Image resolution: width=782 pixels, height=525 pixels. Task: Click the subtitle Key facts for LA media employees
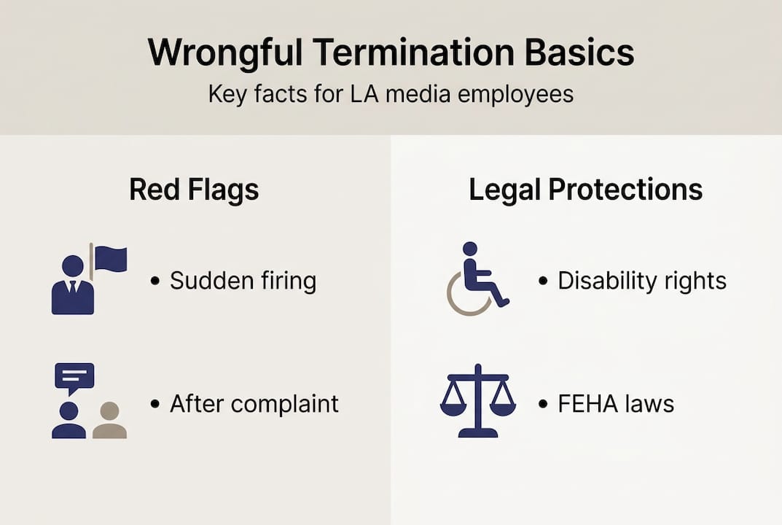[391, 95]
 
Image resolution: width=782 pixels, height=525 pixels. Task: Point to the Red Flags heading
[194, 190]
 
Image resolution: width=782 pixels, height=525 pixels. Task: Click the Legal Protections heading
[585, 190]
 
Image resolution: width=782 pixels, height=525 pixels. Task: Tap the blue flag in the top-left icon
[111, 259]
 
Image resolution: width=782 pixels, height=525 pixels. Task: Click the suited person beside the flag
[72, 286]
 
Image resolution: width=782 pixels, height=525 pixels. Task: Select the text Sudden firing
[243, 281]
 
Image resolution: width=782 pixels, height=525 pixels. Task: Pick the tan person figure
[109, 421]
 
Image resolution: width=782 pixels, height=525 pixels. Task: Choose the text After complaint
[254, 403]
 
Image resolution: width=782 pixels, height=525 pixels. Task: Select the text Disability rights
[641, 281]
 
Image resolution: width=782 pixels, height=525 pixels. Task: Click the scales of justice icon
[477, 400]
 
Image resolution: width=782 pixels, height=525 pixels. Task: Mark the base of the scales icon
[477, 432]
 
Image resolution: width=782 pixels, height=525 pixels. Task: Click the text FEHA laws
[616, 403]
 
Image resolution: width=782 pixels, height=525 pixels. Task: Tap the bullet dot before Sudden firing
[155, 281]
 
